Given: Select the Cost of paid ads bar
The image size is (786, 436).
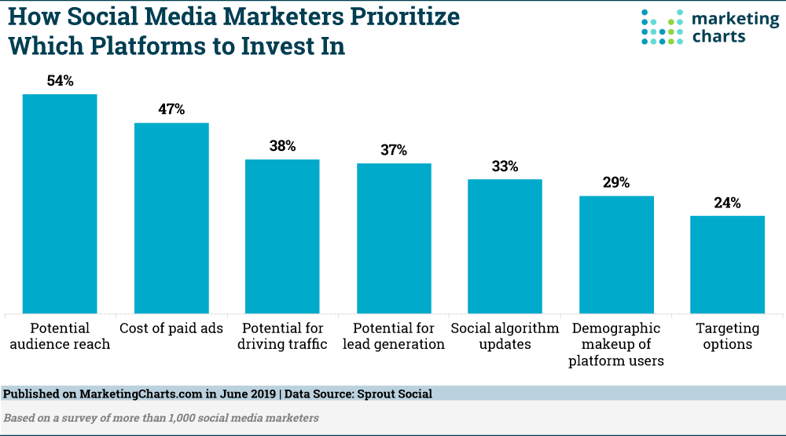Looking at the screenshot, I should pos(171,218).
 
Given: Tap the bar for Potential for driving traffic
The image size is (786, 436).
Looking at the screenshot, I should pos(283,236).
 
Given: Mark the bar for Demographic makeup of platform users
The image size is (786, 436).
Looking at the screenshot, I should pos(617,255).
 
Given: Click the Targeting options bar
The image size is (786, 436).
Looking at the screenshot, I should pos(728,265).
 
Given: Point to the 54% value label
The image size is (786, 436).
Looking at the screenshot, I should pos(60,81).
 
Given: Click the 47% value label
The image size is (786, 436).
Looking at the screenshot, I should pos(171,109).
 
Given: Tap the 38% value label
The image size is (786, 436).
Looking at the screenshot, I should pos(283,146).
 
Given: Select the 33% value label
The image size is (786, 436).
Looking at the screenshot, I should pos(505,166).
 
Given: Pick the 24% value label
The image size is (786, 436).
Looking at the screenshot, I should pos(728,203).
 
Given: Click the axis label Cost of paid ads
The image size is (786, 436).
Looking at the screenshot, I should pos(171,328).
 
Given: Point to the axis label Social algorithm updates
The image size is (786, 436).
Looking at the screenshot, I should pos(505,336).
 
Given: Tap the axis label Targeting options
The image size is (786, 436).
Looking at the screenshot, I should pos(728,336).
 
